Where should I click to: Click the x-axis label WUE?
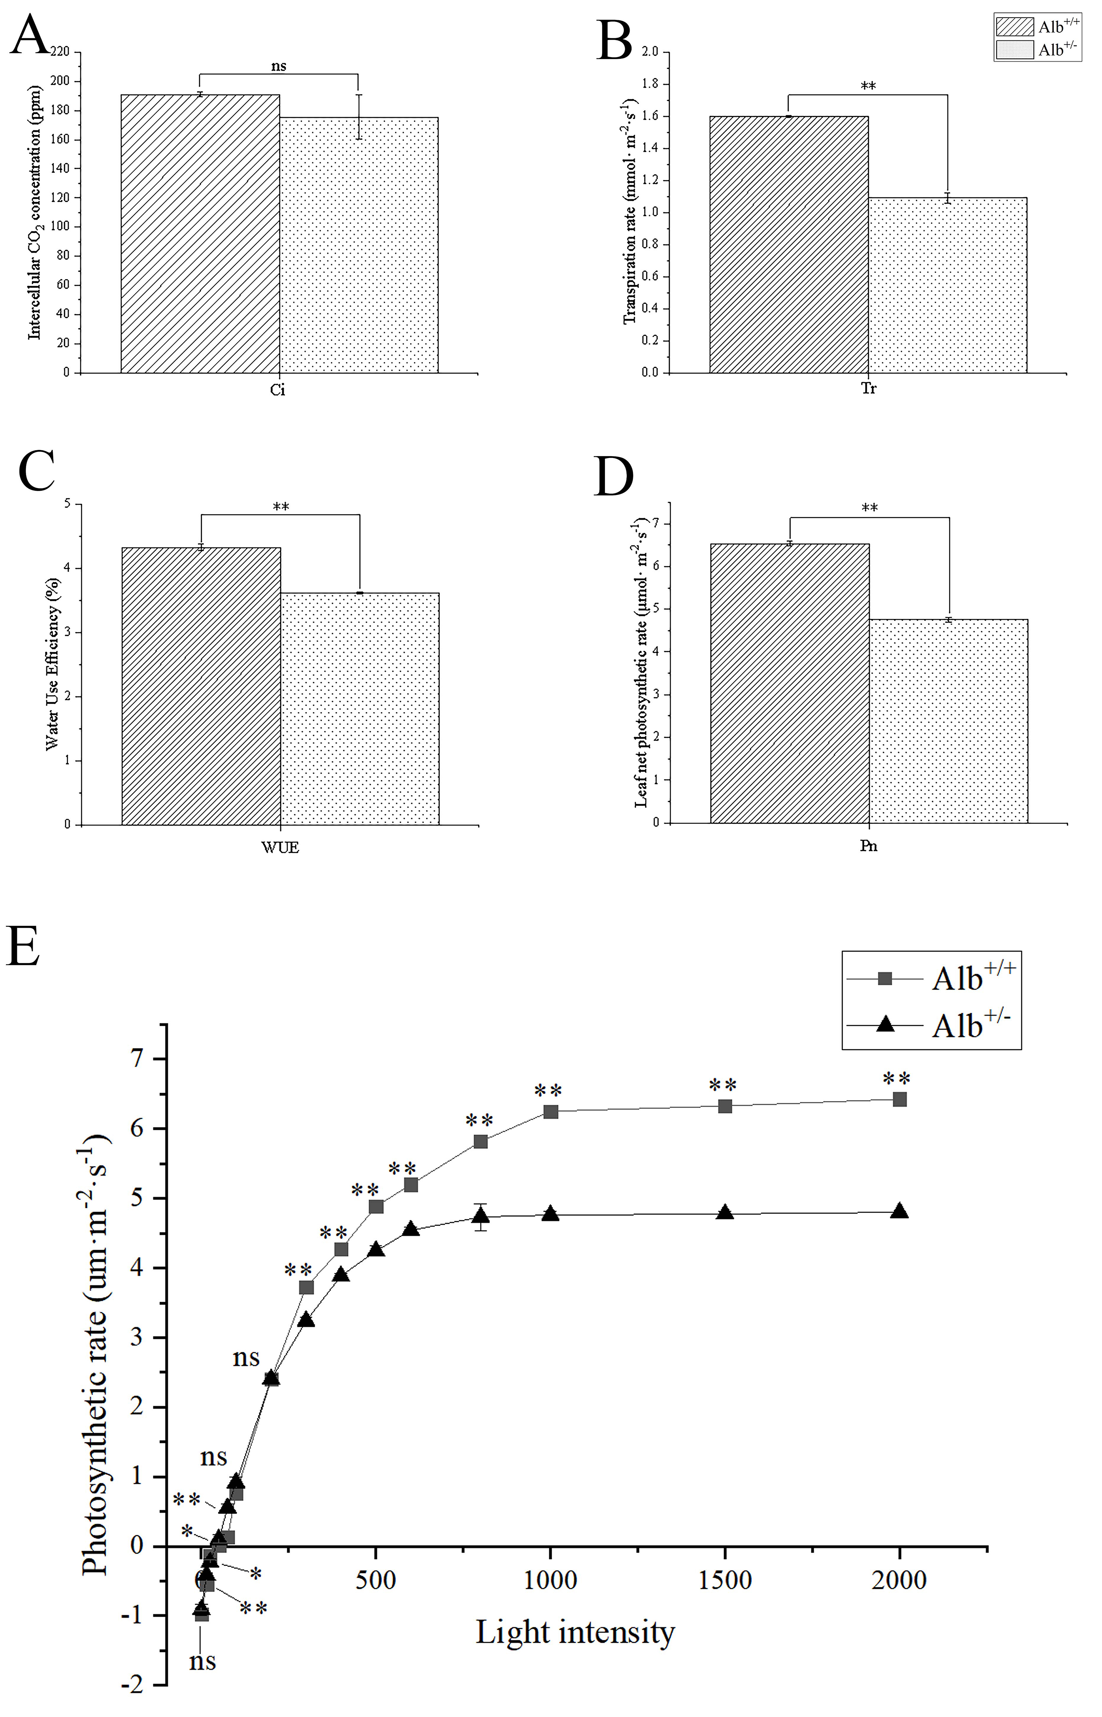[x=280, y=848]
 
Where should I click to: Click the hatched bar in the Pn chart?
[x=790, y=683]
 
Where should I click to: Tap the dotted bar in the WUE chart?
[x=360, y=708]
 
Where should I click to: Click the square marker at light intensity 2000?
[x=900, y=1099]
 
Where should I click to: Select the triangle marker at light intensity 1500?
[x=725, y=1212]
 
